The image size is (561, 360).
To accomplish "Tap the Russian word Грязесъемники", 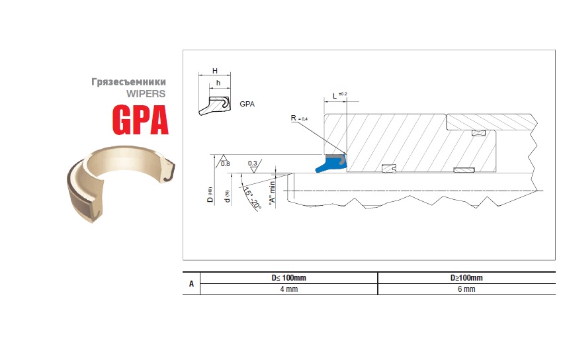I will pyautogui.click(x=128, y=83).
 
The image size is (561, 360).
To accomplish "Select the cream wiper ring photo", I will pyautogui.click(x=120, y=182).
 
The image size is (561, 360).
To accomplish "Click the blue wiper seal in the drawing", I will pyautogui.click(x=331, y=162).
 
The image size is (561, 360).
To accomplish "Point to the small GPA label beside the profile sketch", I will pyautogui.click(x=247, y=104).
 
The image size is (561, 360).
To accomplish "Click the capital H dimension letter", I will pyautogui.click(x=215, y=71).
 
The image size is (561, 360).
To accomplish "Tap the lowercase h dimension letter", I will pyautogui.click(x=218, y=83).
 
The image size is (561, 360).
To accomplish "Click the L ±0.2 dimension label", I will pyautogui.click(x=338, y=97).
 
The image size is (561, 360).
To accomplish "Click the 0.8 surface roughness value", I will pyautogui.click(x=226, y=163).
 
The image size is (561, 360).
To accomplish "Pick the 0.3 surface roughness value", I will pyautogui.click(x=252, y=163).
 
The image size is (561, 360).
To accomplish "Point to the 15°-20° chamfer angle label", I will pyautogui.click(x=252, y=197).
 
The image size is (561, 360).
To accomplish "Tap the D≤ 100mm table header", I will pyautogui.click(x=288, y=278).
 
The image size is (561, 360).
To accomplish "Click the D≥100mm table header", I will pyautogui.click(x=466, y=278).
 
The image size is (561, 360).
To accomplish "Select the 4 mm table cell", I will pyautogui.click(x=288, y=289).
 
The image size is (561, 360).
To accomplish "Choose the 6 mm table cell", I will pyautogui.click(x=466, y=289).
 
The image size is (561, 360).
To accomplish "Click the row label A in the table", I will pyautogui.click(x=191, y=284).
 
